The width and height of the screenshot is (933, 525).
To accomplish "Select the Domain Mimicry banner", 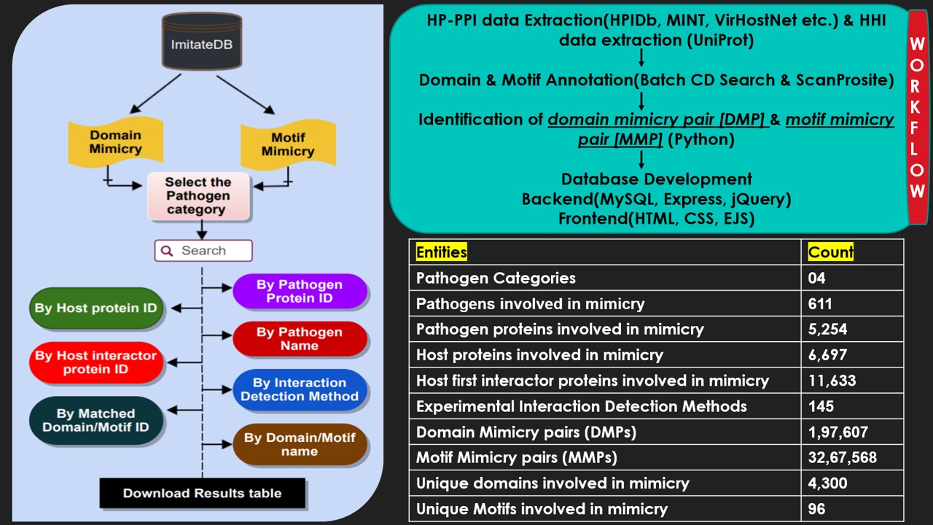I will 115,141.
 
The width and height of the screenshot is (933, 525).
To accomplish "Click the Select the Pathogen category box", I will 199,195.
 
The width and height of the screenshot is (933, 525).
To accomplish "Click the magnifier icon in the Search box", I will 167,251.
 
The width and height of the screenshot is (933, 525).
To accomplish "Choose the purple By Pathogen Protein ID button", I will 299,291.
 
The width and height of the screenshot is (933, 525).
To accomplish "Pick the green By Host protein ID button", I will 95,308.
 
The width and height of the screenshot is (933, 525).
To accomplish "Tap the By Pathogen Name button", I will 299,339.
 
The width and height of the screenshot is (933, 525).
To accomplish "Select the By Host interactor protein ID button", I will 95,362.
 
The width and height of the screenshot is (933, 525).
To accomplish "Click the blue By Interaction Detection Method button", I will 299,389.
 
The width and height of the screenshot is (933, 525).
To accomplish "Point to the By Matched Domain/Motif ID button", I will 95,420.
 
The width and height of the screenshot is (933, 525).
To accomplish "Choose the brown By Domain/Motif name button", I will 299,444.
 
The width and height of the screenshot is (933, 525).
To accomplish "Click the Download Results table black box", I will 202,493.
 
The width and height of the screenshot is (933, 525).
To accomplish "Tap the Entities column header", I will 441,252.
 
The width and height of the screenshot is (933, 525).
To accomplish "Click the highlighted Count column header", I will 830,252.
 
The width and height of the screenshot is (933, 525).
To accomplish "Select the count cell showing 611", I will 820,303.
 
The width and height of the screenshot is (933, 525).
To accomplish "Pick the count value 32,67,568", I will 842,457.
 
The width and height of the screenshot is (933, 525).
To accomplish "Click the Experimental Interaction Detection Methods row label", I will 581,406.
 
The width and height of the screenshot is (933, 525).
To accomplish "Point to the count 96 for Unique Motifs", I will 817,508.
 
